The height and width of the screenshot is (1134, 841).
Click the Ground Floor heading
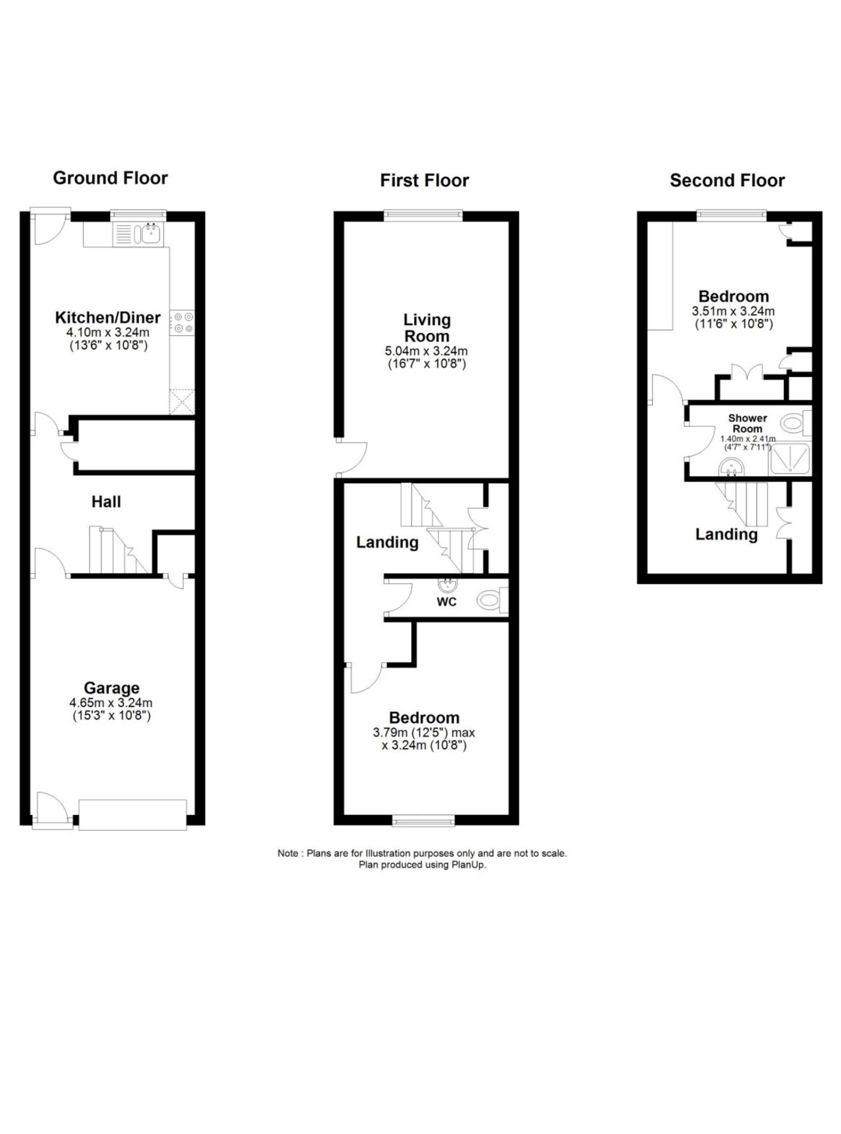coord(111,178)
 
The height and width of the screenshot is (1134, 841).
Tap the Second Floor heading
coord(727,180)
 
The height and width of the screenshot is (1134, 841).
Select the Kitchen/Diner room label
coord(108,318)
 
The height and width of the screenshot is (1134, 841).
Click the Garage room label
coord(111,688)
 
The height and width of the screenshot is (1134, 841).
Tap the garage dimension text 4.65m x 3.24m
coord(111,703)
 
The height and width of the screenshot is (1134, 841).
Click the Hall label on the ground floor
coord(106,502)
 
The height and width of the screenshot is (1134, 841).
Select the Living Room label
coord(427,328)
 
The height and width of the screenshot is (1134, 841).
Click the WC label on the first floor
coord(447,602)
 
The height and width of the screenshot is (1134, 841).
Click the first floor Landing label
coord(387,542)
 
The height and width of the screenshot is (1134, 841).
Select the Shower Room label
coord(747,423)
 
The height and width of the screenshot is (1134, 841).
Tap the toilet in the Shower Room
coord(795,422)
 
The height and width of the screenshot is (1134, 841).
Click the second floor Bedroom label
coord(734,297)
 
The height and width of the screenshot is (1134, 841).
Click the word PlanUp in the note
coord(468,865)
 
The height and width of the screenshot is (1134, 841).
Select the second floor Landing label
coord(727,534)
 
